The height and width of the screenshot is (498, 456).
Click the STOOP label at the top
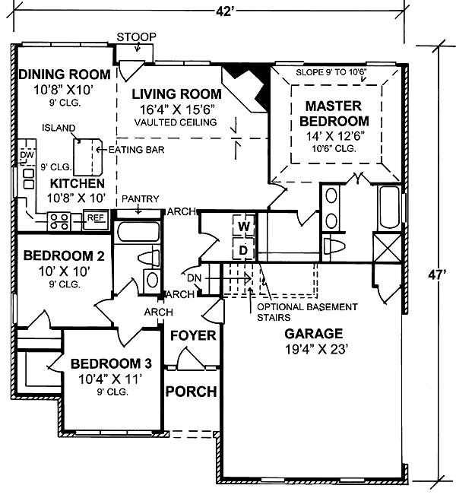pos(137,36)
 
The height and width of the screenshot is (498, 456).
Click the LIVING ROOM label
pos(176,94)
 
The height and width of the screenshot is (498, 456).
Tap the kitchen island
pos(87,155)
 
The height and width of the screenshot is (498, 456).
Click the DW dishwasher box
pos(28,154)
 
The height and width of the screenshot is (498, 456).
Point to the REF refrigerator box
pos(95,219)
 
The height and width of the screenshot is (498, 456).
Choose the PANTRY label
pos(140,199)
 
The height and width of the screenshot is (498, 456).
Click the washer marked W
pos(243,227)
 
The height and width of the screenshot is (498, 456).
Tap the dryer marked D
pos(243,249)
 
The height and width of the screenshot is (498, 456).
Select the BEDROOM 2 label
pos(64,255)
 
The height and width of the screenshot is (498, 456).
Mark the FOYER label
pos(192,335)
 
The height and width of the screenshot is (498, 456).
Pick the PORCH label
pos(192,392)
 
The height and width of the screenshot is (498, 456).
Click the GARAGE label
pos(313,334)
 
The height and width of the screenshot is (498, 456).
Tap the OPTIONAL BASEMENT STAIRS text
pos(307,312)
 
